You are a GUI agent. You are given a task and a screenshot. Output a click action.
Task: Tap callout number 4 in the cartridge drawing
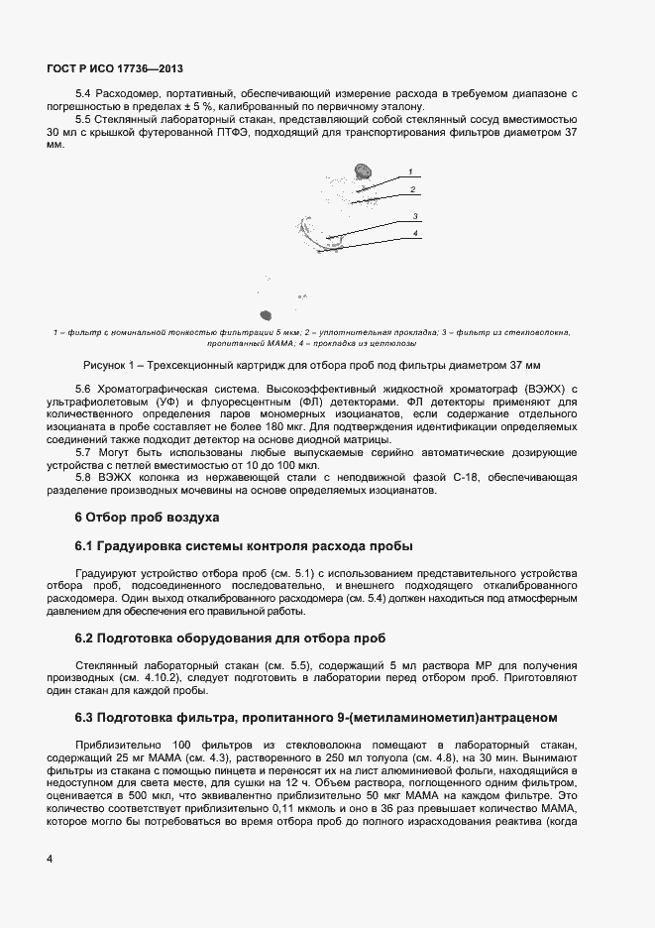click(416, 232)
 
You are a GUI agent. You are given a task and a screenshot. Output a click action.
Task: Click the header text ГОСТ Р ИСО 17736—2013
click(115, 69)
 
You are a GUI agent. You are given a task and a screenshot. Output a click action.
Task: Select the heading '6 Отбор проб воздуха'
click(141, 518)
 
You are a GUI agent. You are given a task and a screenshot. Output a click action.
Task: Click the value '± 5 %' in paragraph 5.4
click(188, 106)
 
